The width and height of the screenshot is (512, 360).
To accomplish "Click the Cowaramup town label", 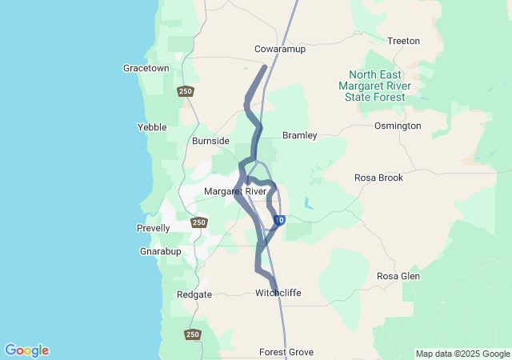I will click(x=280, y=48).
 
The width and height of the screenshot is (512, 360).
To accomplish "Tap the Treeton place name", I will click(x=402, y=41).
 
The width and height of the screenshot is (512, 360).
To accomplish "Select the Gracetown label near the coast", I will click(x=146, y=69).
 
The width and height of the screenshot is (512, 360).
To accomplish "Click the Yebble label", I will click(x=152, y=127).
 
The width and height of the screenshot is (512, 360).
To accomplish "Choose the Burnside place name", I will click(x=210, y=141).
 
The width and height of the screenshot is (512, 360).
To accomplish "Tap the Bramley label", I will click(x=300, y=136).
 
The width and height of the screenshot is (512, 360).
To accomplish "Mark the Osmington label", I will click(x=398, y=126).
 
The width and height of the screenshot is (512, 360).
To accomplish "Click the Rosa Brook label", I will click(x=379, y=178).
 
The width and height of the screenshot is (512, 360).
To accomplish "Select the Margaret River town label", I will click(x=235, y=192).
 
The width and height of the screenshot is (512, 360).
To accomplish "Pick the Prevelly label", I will click(x=153, y=228).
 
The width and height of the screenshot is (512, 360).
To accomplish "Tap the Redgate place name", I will click(x=194, y=294).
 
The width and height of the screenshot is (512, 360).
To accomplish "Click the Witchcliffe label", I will click(x=278, y=293).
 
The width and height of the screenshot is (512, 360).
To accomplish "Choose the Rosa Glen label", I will click(x=398, y=276).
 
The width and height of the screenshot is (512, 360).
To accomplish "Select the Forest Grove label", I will click(x=286, y=352).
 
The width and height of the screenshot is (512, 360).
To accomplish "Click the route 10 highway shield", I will click(x=278, y=220).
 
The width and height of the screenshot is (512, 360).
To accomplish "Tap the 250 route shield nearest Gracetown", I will click(x=186, y=91).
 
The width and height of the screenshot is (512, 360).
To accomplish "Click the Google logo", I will click(x=26, y=350).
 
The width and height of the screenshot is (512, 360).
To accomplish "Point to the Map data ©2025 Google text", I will click(x=462, y=354).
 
